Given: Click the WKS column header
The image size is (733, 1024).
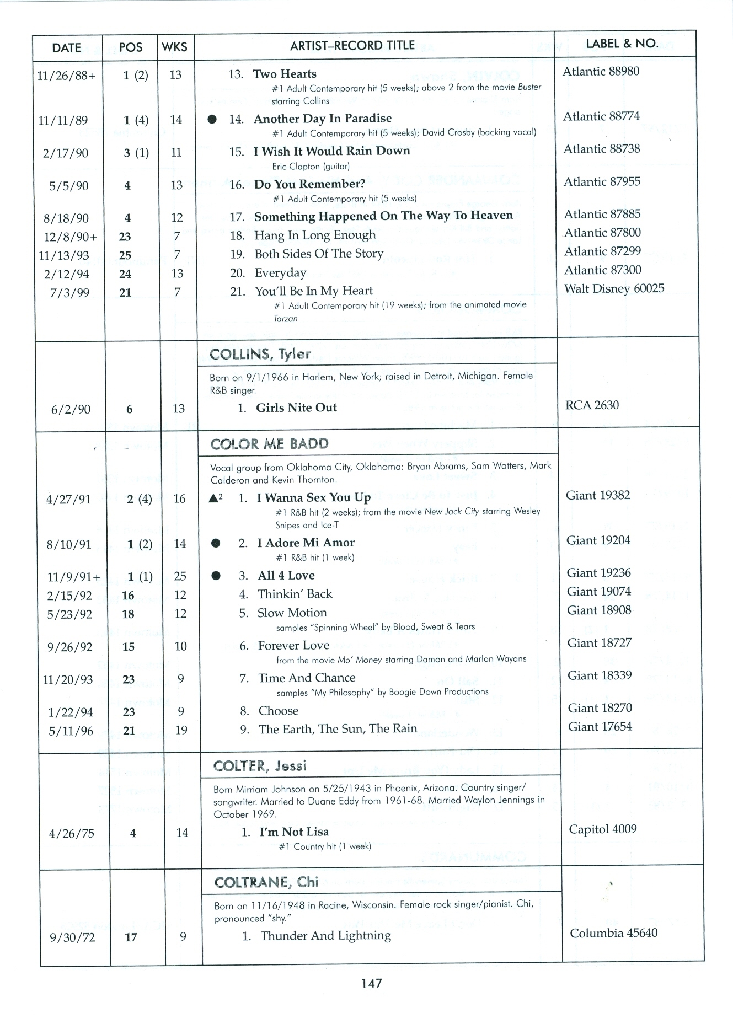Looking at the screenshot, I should pyautogui.click(x=175, y=47).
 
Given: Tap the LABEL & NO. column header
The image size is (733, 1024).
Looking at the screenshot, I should pyautogui.click(x=622, y=44).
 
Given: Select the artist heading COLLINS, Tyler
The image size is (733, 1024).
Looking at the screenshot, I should pyautogui.click(x=260, y=354).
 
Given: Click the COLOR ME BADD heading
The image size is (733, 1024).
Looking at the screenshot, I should pyautogui.click(x=270, y=444).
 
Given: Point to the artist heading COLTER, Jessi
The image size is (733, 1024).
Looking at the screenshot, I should pyautogui.click(x=260, y=765).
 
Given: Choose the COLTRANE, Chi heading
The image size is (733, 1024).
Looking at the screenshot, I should pyautogui.click(x=266, y=882).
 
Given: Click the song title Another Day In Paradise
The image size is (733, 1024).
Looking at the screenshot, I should pyautogui.click(x=322, y=119).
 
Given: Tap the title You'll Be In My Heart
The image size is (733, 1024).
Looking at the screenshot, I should pyautogui.click(x=313, y=291).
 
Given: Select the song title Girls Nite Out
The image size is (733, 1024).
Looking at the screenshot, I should pyautogui.click(x=296, y=408).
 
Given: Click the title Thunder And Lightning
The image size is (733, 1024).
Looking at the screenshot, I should pyautogui.click(x=325, y=936).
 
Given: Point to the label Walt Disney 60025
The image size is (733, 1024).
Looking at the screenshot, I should pyautogui.click(x=614, y=288).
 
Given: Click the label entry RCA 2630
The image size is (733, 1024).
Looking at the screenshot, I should pyautogui.click(x=592, y=405).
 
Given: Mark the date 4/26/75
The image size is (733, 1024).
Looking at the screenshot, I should pyautogui.click(x=72, y=833).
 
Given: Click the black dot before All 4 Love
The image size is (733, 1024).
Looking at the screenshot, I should pyautogui.click(x=216, y=576).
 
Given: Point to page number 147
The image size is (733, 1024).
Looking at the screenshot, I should pyautogui.click(x=371, y=983).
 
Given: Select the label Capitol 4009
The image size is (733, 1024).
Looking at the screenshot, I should pyautogui.click(x=602, y=829).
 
